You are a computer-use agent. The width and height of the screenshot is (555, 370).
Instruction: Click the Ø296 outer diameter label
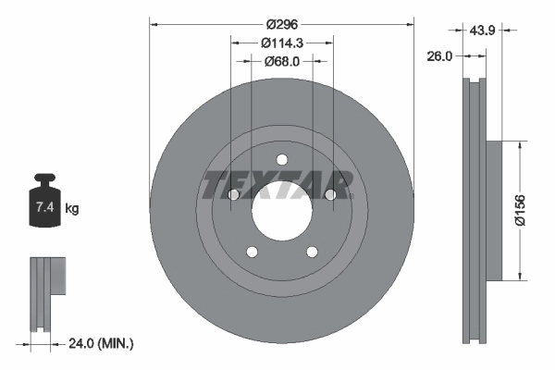tap(281, 25)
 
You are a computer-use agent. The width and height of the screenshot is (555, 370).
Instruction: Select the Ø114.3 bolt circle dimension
tap(282, 43)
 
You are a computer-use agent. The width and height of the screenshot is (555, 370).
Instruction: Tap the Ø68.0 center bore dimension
tap(282, 61)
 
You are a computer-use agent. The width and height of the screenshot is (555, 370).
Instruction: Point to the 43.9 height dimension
tap(481, 31)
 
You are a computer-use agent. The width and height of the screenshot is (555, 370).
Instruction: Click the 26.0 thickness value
tap(438, 55)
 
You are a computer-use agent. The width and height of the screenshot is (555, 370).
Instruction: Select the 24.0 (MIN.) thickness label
tap(103, 344)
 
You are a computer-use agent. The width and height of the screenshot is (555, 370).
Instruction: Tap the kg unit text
tap(72, 209)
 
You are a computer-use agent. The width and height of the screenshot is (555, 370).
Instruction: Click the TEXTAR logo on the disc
tap(277, 185)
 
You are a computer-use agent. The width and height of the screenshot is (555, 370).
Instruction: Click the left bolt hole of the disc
tap(233, 194)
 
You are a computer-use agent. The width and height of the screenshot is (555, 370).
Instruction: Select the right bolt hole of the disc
tap(330, 194)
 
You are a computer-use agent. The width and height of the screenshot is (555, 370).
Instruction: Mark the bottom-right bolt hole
tap(312, 251)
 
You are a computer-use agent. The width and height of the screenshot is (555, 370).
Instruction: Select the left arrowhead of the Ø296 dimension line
tap(154, 25)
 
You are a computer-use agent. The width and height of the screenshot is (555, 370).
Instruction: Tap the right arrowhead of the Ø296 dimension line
tap(410, 25)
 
